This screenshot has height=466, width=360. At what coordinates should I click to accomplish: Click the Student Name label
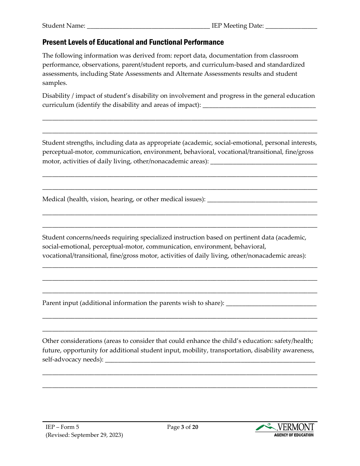[63, 26]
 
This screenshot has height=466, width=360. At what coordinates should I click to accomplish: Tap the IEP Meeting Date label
[238, 26]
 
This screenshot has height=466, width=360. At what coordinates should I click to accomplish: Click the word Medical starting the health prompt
[54, 199]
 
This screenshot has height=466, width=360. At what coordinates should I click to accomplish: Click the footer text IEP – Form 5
[63, 427]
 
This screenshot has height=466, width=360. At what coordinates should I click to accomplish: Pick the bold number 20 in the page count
[195, 427]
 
